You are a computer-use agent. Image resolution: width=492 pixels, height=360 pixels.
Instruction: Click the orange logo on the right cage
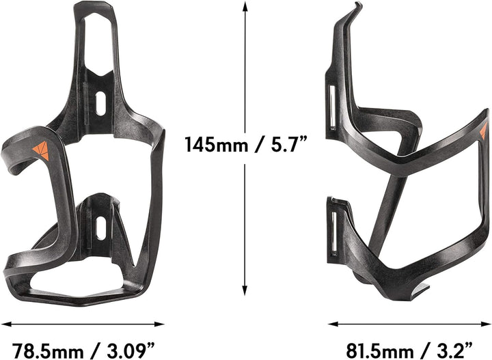[484, 132]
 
